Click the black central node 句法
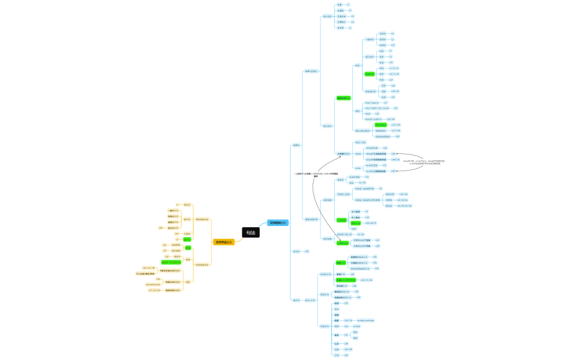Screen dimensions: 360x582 tap(251, 233)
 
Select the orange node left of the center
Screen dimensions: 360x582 tap(224, 242)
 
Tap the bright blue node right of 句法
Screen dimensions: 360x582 tap(278, 223)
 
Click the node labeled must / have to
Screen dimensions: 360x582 tap(372, 103)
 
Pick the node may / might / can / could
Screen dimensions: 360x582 tap(377, 108)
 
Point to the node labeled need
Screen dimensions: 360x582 tap(367, 114)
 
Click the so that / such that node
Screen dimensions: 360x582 tap(365, 320)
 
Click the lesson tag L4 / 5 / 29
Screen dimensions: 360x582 tap(394, 74)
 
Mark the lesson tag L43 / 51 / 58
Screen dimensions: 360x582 tap(366, 280)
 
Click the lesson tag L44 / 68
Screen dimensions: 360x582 tap(395, 160)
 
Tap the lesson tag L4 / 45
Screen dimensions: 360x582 tap(360, 234)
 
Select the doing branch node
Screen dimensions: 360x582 tap(358, 153)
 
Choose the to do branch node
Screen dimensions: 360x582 tap(358, 168)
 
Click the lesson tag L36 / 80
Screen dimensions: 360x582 tap(348, 349)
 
